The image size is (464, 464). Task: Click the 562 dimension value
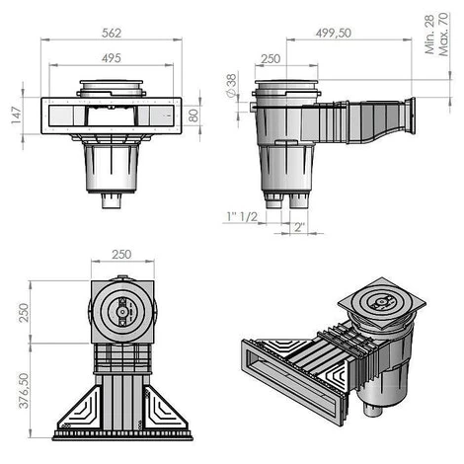point(112,33)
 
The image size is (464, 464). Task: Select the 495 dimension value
point(112,58)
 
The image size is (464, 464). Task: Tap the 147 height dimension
point(16,115)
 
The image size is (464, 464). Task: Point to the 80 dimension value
point(193,116)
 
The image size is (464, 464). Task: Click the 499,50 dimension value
point(334,33)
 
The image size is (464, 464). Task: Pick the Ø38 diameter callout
point(232,85)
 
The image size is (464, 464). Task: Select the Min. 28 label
point(429,35)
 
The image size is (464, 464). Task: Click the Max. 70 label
point(443,35)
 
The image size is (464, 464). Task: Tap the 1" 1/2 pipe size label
point(242,216)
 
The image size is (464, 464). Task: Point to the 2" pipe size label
point(299,227)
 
